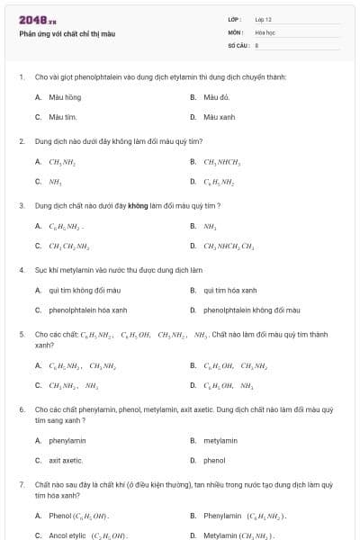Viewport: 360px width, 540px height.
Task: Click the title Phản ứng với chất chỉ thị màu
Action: (x=67, y=33)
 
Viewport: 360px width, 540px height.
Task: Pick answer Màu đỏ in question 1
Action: (x=217, y=96)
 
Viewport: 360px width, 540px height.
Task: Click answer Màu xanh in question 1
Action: (x=219, y=117)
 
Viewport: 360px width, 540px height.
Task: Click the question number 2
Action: (x=21, y=141)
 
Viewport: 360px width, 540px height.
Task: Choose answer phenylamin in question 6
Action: (x=67, y=440)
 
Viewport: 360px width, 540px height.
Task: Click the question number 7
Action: (x=21, y=484)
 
